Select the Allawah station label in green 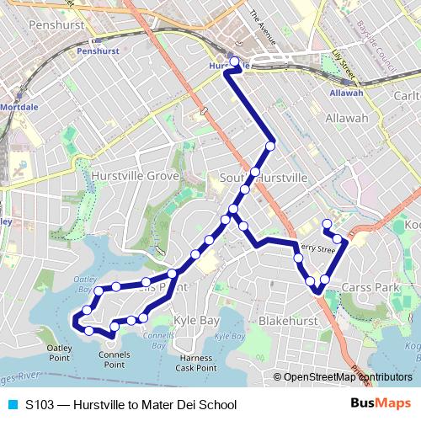pos(346,93)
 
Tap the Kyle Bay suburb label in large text pos(196,321)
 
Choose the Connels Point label pos(115,360)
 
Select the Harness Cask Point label pos(196,363)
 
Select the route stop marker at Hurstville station pos(234,62)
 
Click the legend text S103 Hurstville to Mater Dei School pos(131,405)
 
